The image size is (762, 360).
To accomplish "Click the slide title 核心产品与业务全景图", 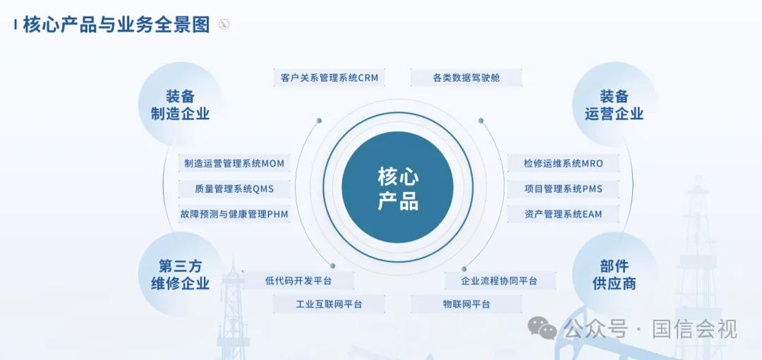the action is click(x=116, y=24).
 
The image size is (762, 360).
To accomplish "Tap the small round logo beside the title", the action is click(x=224, y=24).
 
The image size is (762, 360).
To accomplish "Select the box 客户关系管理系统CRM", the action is click(x=329, y=78).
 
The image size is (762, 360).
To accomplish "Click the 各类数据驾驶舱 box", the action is click(x=466, y=78).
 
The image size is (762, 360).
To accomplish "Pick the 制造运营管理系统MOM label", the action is click(x=234, y=163).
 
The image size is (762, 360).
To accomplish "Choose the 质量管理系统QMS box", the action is click(x=234, y=188).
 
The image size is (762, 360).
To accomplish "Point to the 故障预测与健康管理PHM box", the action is click(x=234, y=214).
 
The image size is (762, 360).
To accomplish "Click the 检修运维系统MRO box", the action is click(x=563, y=163).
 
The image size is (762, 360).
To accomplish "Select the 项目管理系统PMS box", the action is click(x=563, y=188).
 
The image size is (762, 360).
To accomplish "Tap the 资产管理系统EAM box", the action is click(x=563, y=214).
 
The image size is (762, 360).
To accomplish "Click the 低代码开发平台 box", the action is click(x=298, y=281).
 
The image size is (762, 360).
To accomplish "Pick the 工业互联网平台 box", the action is click(x=329, y=304).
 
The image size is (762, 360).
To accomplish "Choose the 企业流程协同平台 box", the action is click(x=499, y=281).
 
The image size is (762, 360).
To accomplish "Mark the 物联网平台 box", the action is click(x=466, y=304).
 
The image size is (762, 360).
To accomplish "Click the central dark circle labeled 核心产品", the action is click(x=397, y=187).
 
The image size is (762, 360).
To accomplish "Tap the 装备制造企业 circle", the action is click(x=181, y=104).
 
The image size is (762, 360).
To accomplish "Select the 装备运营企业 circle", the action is click(x=615, y=104).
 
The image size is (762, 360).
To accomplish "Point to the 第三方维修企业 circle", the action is click(x=181, y=275).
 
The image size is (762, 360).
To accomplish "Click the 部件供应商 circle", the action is click(x=615, y=275).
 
